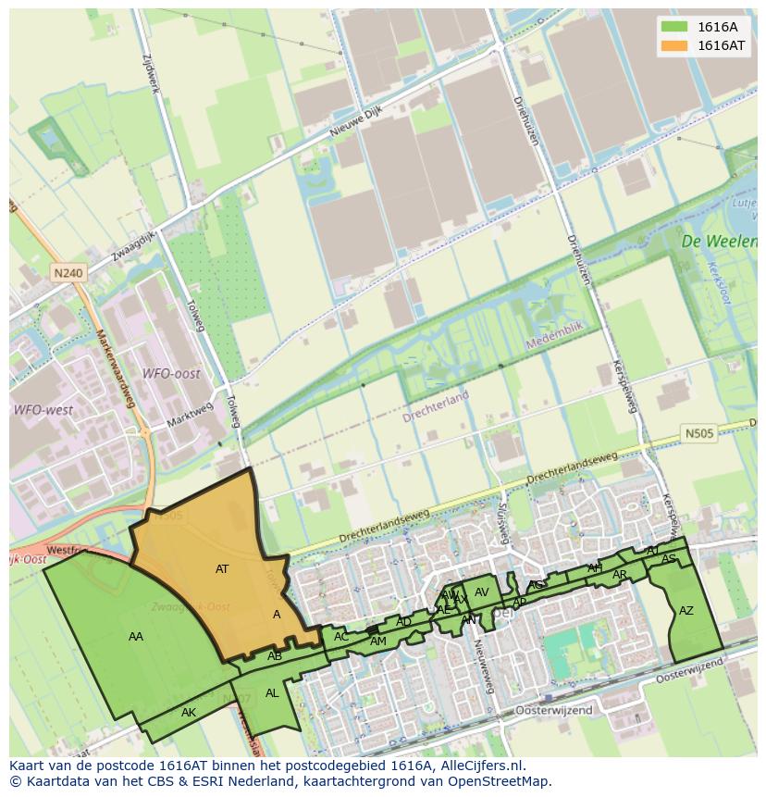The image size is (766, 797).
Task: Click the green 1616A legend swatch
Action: point(675,27)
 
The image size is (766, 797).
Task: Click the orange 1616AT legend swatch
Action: point(675,45)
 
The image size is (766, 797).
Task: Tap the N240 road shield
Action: point(68,273)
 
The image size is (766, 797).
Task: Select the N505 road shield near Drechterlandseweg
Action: point(699,432)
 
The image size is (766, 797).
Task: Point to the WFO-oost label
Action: point(170,373)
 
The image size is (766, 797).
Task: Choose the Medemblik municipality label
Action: point(556,342)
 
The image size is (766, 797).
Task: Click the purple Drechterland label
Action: point(436,406)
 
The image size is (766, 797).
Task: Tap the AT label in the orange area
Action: point(222,569)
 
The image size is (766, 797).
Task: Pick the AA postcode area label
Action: point(136,636)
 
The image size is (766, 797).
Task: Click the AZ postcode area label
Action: point(686,611)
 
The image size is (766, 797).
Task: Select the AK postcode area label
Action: point(189,713)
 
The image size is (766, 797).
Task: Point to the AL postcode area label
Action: point(272,692)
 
